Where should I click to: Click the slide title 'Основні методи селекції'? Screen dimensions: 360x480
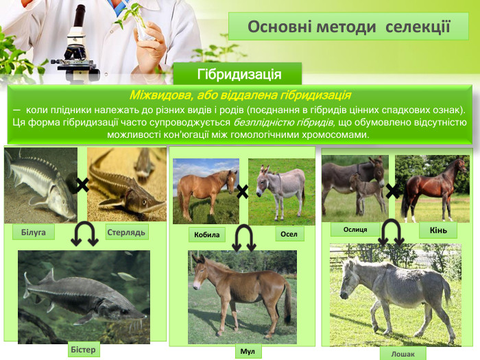348,27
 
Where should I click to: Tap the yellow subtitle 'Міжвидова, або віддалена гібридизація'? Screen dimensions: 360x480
240,95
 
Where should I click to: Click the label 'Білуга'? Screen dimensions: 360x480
33,232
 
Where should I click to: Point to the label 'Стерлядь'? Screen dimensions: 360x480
126,232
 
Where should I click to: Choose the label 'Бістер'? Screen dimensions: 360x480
84,350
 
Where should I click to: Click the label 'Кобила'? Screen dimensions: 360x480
206,235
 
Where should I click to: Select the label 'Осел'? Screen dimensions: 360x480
289,234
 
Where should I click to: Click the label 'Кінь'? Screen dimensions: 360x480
438,230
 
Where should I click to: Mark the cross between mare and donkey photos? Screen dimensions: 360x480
242,192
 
